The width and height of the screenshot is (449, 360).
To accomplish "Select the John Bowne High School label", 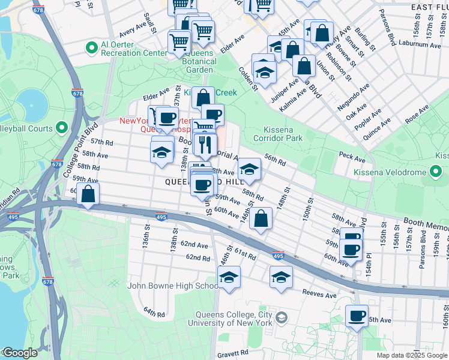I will pos(173,286).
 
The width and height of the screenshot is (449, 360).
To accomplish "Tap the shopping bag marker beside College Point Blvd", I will pos(88,194).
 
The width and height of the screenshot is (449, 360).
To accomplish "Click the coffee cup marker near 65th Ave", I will pos(357,316).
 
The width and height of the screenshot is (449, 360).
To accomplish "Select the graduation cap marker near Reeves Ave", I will pos(281,277).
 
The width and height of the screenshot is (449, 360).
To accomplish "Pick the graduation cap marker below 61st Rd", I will pos(228,277).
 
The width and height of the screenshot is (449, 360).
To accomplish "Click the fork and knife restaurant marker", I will pos(205,144).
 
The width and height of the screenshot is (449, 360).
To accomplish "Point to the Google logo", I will pos(19,353).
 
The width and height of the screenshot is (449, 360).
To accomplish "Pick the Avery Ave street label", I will pos(133,28).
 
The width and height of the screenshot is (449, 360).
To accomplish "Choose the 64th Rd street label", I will pos(154,313).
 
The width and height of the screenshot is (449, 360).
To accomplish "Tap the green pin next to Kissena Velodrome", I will pos(437,173).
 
